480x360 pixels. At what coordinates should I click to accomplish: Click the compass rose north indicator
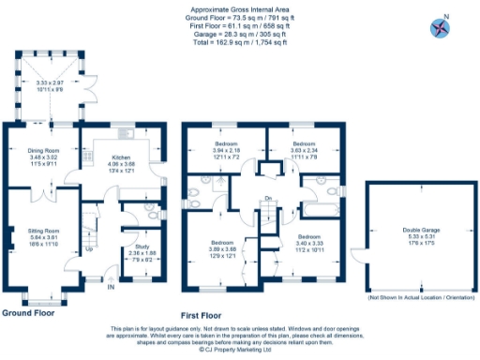[438, 27]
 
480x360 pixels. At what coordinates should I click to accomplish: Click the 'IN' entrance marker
[111, 288]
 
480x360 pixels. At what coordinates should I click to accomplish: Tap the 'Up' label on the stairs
[89, 249]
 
